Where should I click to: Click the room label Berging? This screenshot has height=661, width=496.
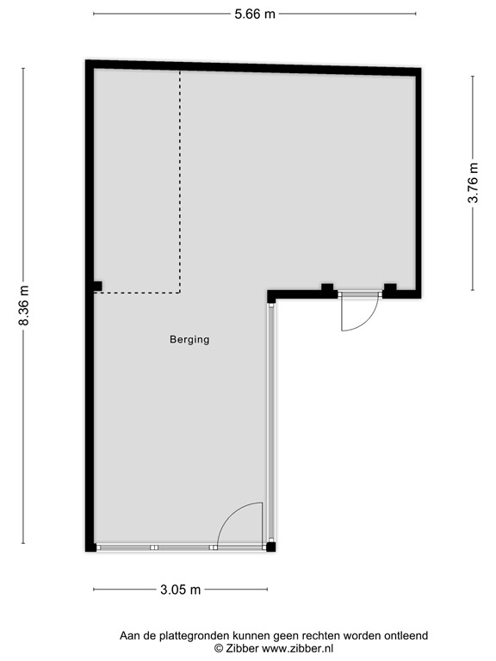189,339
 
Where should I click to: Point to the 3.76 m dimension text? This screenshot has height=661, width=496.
473,183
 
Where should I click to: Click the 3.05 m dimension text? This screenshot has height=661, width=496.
180,590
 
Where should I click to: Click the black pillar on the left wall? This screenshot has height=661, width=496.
97,286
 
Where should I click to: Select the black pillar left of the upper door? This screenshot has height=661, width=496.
327,288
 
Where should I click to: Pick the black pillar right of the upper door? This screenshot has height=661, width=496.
389,288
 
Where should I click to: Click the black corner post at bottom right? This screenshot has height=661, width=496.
270,546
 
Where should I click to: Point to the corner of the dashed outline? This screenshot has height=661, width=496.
180,293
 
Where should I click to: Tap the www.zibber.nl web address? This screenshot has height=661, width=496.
297,648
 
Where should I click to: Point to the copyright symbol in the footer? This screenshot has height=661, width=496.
219,648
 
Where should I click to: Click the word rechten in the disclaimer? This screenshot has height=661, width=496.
319,635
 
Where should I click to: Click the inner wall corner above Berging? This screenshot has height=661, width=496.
270,295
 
